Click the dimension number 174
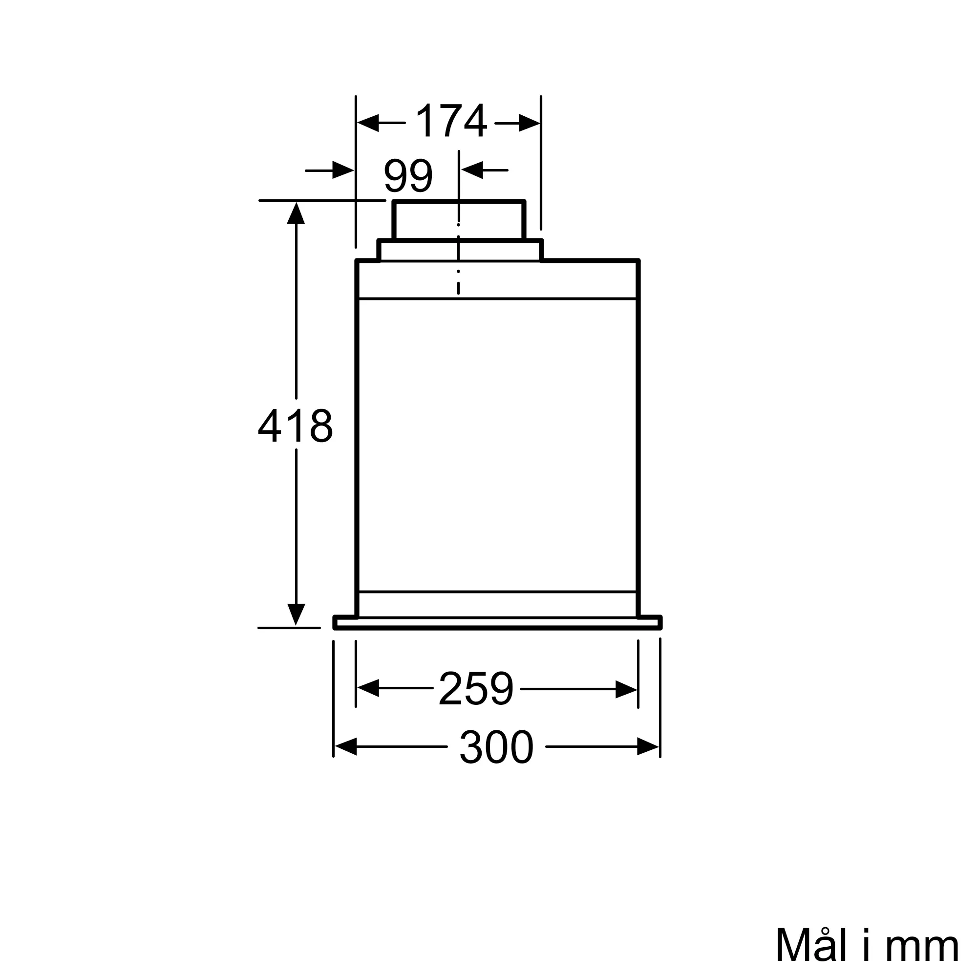pos(450,121)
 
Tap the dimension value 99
pos(408,176)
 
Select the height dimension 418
pos(296,425)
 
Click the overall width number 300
pos(496,747)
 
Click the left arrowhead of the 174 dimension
pos(368,123)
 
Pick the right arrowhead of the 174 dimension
pos(529,123)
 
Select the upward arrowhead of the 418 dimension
pos(296,213)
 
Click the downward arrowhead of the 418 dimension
pos(296,614)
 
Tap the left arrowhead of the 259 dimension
pos(368,689)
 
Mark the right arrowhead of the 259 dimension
pos(626,689)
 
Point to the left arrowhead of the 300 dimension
pos(346,746)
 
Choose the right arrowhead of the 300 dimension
pos(648,746)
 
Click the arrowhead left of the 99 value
pos(343,170)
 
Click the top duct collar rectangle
pos(459,220)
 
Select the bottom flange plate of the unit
pos(497,623)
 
